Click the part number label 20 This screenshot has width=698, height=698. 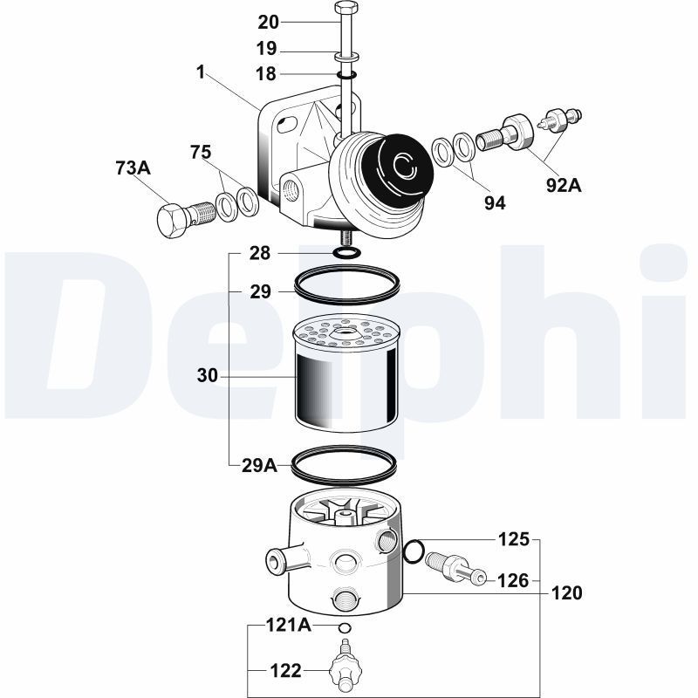click(269, 21)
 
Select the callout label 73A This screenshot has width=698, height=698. click(133, 168)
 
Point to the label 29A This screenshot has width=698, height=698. click(259, 465)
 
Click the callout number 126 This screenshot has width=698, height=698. click(513, 580)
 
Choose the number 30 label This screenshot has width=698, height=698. click(208, 376)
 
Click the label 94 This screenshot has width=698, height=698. click(496, 202)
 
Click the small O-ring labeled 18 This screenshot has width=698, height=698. click(346, 75)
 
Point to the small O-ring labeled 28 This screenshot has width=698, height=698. click(346, 253)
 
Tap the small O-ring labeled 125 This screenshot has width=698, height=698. click(414, 551)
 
